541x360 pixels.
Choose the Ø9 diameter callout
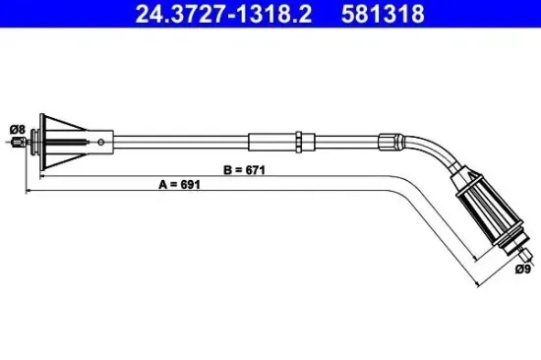pyautogui.click(x=524, y=267)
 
